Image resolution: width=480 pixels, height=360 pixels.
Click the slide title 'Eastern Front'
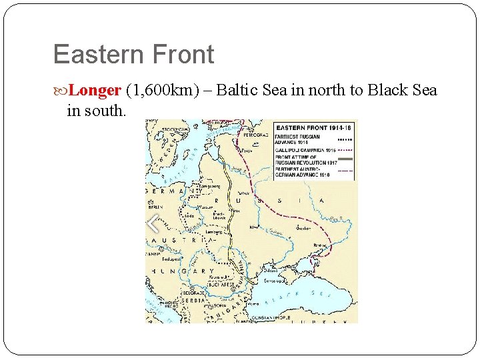point(133,55)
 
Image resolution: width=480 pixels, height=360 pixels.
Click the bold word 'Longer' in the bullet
point(94,90)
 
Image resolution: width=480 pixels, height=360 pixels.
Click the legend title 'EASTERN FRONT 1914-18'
point(314,127)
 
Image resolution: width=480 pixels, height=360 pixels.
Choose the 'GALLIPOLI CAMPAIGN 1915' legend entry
point(307,151)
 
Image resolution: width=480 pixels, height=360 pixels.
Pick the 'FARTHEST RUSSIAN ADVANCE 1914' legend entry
point(301,139)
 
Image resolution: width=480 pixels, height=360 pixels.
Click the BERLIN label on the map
point(156,207)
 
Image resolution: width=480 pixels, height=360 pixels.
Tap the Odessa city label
point(272,270)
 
